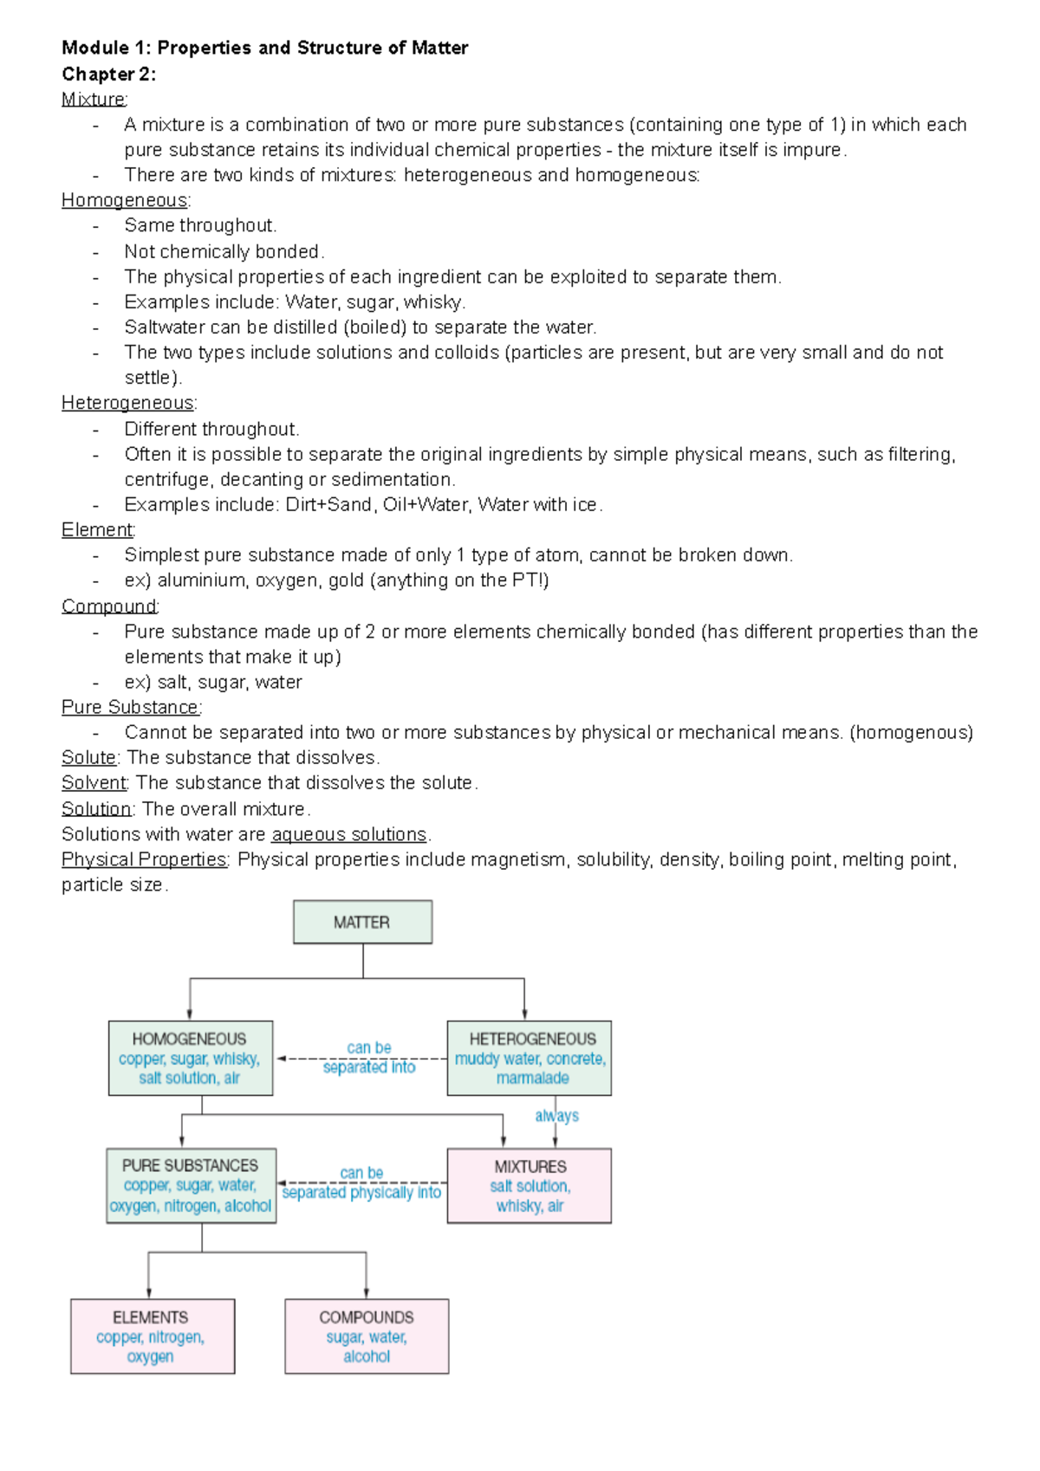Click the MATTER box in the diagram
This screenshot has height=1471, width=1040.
pos(362,922)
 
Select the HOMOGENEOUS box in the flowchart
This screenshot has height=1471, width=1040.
pos(190,1058)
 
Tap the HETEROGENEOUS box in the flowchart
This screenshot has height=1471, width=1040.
pos(529,1058)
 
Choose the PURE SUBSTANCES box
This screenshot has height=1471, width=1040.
pos(191,1185)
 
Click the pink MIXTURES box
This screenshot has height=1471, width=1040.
pos(529,1185)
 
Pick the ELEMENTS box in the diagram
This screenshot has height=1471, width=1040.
pos(152,1336)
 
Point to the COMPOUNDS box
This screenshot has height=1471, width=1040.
pos(367,1336)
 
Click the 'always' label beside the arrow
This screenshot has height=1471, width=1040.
pos(557,1116)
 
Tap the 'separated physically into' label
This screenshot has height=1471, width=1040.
pos(361,1193)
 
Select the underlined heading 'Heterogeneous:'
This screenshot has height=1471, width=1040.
pos(128,404)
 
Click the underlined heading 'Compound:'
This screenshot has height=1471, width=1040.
pos(110,606)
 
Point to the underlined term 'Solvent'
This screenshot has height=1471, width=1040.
pos(94,783)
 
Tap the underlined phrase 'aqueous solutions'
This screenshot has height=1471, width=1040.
pos(349,834)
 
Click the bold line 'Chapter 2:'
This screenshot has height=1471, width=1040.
pos(108,75)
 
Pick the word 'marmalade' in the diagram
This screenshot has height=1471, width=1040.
pos(532,1079)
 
